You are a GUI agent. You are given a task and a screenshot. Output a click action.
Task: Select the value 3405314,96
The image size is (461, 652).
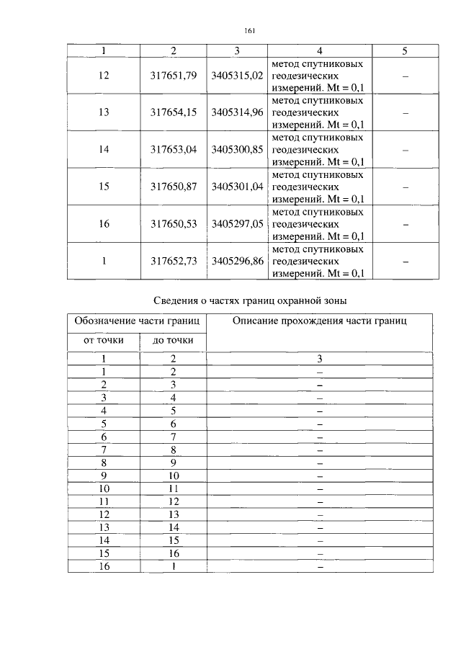tap(237, 112)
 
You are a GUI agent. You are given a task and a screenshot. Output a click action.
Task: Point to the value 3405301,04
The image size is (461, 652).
tap(237, 187)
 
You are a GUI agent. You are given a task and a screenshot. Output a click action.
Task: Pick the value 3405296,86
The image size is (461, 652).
tap(237, 261)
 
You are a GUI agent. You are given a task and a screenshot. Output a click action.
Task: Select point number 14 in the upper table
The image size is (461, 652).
tap(104, 150)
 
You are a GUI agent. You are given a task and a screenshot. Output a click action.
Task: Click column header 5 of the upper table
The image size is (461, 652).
tap(404, 50)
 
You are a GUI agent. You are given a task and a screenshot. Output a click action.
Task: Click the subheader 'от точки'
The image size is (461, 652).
tap(104, 340)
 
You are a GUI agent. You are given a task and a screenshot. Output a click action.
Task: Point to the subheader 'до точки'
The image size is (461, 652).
tap(173, 340)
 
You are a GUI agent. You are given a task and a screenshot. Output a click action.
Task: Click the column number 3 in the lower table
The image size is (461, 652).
tap(320, 358)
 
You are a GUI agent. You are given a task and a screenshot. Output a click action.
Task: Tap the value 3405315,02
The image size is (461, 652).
tap(237, 76)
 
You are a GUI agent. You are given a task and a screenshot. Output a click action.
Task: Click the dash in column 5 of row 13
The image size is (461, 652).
tap(404, 113)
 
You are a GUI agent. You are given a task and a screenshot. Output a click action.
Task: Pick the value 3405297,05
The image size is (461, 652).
tap(237, 224)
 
